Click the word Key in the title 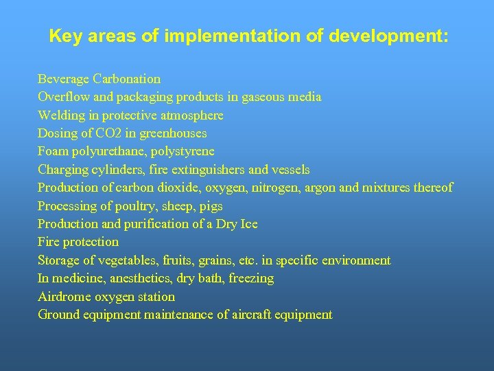63,36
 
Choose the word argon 338,188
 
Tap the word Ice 248,224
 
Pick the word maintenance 176,315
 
